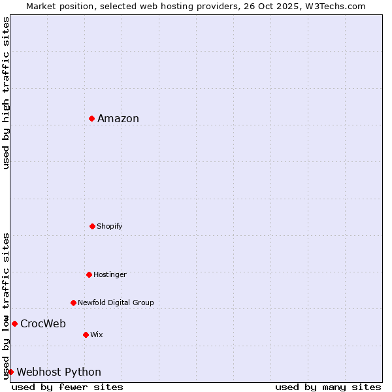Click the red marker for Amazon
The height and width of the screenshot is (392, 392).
pyautogui.click(x=92, y=118)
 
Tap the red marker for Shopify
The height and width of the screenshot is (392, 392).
pyautogui.click(x=92, y=226)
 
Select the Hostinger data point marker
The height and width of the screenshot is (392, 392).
pyautogui.click(x=89, y=274)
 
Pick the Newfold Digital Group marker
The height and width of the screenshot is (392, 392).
pyautogui.click(x=73, y=302)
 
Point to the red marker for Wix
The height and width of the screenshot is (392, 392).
pyautogui.click(x=86, y=335)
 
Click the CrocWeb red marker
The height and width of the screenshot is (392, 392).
pyautogui.click(x=14, y=323)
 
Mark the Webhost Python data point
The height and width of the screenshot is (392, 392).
pyautogui.click(x=10, y=372)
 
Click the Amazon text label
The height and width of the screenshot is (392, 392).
pyautogui.click(x=118, y=118)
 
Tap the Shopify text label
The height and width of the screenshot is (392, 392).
pyautogui.click(x=110, y=226)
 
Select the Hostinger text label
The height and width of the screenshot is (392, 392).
pyautogui.click(x=110, y=274)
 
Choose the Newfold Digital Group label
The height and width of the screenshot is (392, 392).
pyautogui.click(x=116, y=302)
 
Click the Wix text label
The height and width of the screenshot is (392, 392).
pyautogui.click(x=97, y=335)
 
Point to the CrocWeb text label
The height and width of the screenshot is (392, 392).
pyautogui.click(x=43, y=323)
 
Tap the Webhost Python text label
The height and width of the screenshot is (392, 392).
pyautogui.click(x=59, y=372)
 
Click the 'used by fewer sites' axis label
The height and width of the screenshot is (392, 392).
pyautogui.click(x=67, y=387)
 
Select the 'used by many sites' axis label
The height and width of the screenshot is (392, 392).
pyautogui.click(x=328, y=387)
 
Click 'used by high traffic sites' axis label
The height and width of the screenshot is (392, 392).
pyautogui.click(x=6, y=93)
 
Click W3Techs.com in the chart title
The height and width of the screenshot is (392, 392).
pyautogui.click(x=336, y=6)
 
